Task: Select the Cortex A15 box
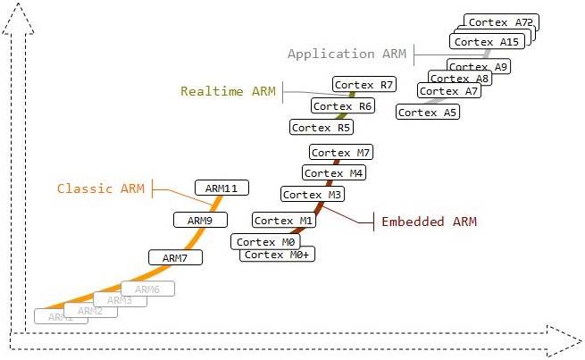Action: [x=486, y=42]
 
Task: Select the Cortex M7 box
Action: [x=339, y=153]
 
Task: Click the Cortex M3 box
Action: [x=312, y=195]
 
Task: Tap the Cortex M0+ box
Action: [x=278, y=255]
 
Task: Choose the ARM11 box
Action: [x=221, y=188]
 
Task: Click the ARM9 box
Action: [x=200, y=220]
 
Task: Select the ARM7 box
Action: [x=175, y=257]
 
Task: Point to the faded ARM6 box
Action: [x=147, y=289]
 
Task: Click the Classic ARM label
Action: [x=100, y=188]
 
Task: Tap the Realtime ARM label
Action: [x=229, y=91]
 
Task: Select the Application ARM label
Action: [x=347, y=54]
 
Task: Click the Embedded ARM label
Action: [x=429, y=222]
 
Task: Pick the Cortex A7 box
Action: [x=449, y=91]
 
